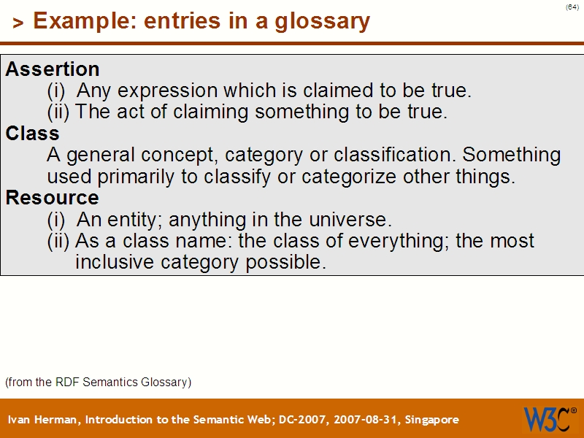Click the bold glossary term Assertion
[53, 69]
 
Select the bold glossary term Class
[33, 134]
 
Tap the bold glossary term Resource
[53, 198]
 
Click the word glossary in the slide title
[322, 21]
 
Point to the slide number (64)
[572, 7]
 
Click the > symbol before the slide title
[18, 24]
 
